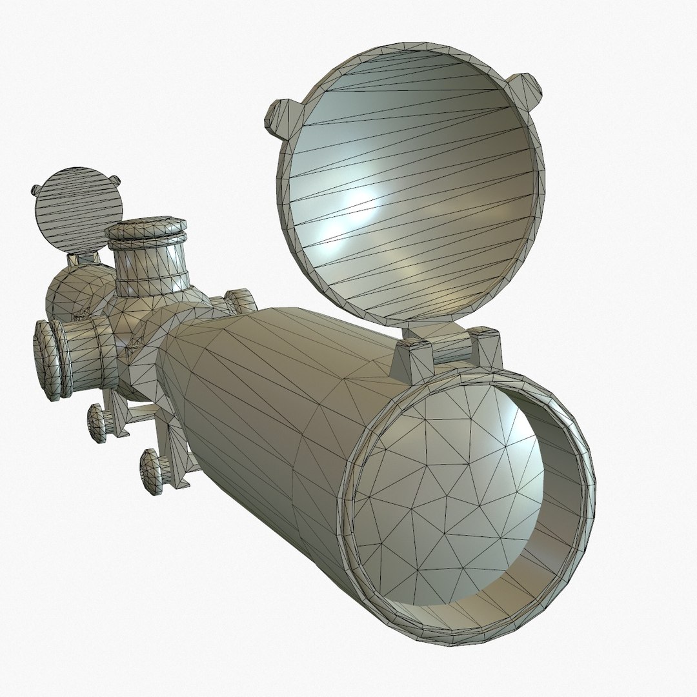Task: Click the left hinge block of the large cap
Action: (411, 358)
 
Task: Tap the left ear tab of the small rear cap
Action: (37, 191)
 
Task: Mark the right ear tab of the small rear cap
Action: (114, 181)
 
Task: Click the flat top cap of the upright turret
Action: (147, 230)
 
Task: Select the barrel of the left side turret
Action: (87, 352)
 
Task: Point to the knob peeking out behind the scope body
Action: (240, 301)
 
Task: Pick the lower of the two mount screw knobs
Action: (152, 471)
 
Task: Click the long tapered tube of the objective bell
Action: (271, 400)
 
